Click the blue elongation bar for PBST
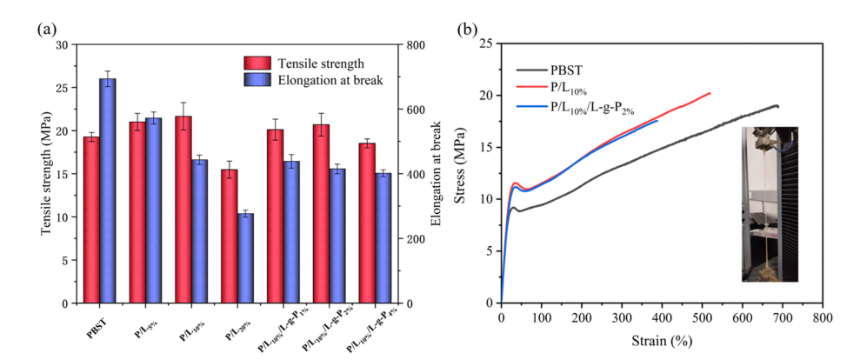108,190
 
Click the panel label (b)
468,30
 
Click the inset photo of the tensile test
770,203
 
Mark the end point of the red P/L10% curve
710,93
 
